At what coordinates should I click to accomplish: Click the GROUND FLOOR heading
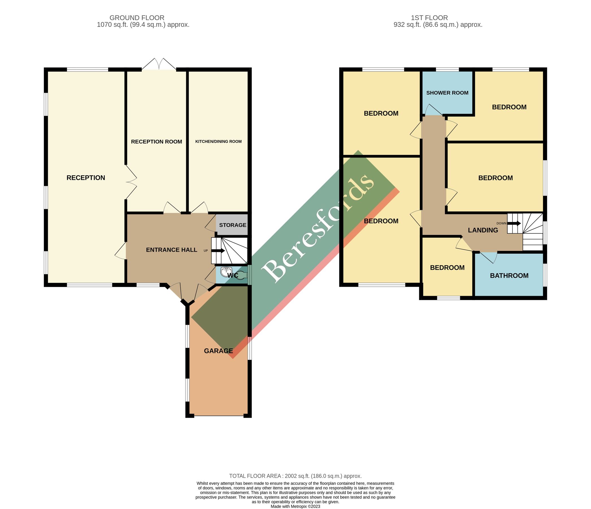[137, 18]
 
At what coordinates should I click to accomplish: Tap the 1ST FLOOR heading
[429, 18]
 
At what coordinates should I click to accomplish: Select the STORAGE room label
[233, 225]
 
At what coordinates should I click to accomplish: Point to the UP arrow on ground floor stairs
[218, 251]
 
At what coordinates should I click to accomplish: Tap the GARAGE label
[218, 351]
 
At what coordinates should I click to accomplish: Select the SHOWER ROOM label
[447, 93]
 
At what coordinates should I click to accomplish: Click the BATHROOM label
[509, 275]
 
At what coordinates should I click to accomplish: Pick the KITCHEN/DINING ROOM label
[218, 141]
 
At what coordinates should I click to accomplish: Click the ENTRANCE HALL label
[171, 250]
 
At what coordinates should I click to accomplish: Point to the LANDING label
[483, 230]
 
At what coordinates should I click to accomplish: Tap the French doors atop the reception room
[159, 64]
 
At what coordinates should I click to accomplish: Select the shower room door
[434, 110]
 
